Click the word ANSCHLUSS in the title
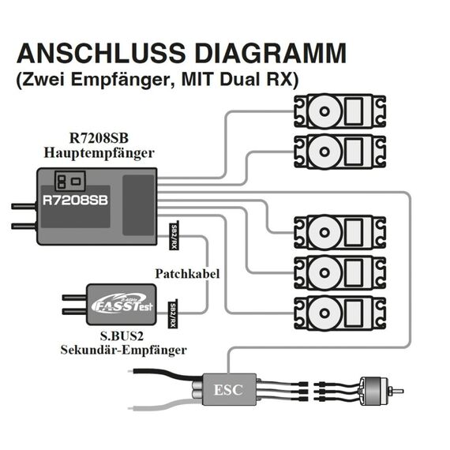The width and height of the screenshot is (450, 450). pos(101,54)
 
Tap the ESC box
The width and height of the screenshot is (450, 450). pos(229,389)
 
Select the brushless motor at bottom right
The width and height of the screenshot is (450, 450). pos(374,390)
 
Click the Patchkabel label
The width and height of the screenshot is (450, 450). pos(187,274)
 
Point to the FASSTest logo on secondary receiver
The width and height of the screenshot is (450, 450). pos(122,305)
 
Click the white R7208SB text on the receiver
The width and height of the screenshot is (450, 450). pos(75,201)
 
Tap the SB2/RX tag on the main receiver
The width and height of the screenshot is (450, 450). pos(174,236)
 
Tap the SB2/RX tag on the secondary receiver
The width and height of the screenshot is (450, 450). pos(173,314)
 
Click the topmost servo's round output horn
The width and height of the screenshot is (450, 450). pos(324,111)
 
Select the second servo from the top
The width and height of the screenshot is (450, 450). pos(339,152)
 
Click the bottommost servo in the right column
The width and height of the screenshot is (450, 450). pos(339,313)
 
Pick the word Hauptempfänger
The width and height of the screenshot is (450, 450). pos(99,153)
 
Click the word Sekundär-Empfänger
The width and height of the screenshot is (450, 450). pos(123,350)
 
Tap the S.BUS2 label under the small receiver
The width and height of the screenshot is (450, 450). pos(122,336)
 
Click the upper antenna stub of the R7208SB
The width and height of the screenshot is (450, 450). pos(24,206)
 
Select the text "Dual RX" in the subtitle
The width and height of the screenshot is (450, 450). pos(257,80)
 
